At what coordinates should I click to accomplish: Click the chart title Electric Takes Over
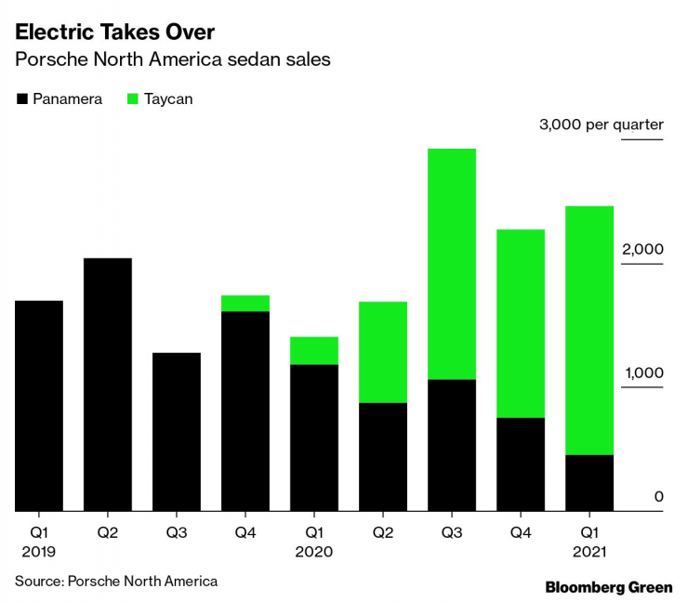click(x=114, y=33)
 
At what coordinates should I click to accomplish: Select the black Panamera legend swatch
click(x=22, y=98)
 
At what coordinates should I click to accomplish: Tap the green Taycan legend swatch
click(x=132, y=98)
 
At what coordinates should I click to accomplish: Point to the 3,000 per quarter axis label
click(x=602, y=125)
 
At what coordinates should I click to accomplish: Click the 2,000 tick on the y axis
click(x=642, y=249)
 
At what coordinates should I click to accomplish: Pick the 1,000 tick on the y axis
click(x=642, y=373)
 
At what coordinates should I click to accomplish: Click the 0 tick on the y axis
click(x=658, y=497)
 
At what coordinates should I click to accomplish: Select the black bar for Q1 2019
click(x=39, y=406)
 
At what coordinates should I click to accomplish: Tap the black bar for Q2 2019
click(x=108, y=385)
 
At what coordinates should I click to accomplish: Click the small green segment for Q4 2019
click(x=245, y=303)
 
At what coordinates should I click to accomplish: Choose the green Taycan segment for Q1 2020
click(x=314, y=350)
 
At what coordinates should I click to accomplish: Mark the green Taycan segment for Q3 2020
click(x=452, y=264)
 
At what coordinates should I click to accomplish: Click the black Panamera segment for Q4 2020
click(x=521, y=465)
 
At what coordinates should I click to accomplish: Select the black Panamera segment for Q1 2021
click(x=589, y=483)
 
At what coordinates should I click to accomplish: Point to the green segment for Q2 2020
click(x=383, y=352)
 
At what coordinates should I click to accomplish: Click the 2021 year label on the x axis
click(x=589, y=552)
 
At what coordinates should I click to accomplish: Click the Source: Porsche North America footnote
click(x=116, y=582)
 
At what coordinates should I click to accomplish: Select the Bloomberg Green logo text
click(x=609, y=587)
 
